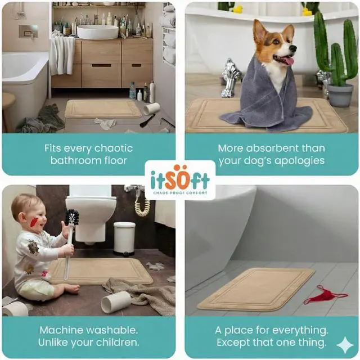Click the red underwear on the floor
tap(325, 295)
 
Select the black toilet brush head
tap(72, 217)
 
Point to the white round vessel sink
tap(97, 31)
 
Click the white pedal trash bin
tap(124, 238)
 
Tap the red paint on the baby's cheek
tap(34, 222)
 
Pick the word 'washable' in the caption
tap(111, 330)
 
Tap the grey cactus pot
tap(340, 95)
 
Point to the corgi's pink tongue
tap(288, 61)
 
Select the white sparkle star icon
tap(345, 345)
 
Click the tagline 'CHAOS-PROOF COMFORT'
tap(180, 193)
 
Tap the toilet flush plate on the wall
tap(28, 31)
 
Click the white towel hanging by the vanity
tap(62, 55)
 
